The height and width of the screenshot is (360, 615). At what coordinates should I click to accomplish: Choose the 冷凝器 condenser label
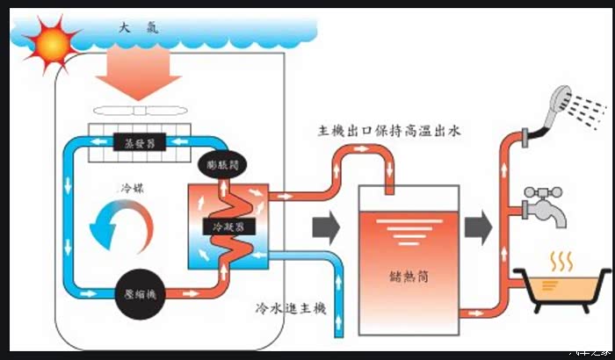pos(228,227)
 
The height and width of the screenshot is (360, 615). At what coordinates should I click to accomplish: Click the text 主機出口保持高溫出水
pos(390,131)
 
